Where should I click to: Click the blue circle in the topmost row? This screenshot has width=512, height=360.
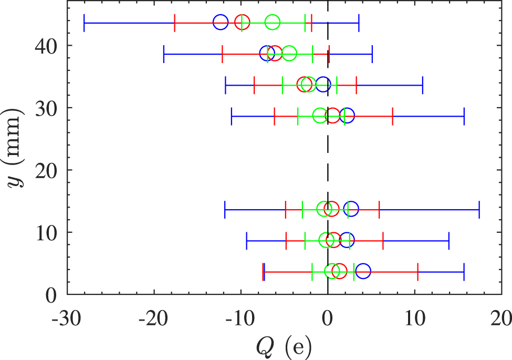[221, 23]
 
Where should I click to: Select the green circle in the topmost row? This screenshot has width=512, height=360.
[272, 23]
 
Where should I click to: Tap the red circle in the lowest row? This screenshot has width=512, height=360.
[340, 272]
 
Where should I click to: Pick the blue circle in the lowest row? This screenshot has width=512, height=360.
[363, 272]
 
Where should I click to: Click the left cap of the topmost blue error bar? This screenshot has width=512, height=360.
[84, 23]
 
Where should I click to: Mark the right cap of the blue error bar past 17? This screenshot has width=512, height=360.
[479, 209]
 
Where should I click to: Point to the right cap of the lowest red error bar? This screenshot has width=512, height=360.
[417, 272]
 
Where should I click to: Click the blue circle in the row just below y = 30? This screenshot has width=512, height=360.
[347, 116]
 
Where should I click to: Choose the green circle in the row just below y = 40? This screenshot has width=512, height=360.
[289, 54]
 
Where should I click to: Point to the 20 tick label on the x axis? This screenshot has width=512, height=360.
[501, 318]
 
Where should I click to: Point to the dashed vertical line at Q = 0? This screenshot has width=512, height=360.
[328, 158]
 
